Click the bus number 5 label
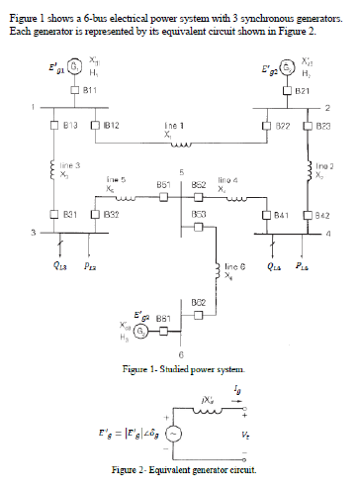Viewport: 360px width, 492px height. pyautogui.click(x=181, y=171)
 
